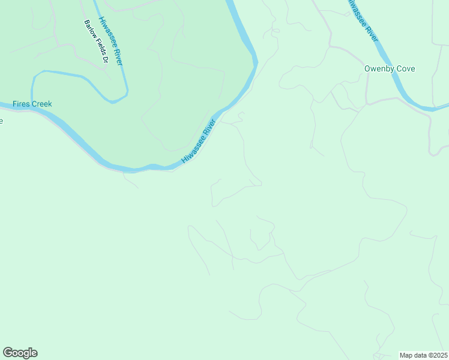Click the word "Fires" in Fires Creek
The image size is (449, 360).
22,104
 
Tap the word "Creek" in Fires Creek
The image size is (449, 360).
42,104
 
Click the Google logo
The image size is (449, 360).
20,353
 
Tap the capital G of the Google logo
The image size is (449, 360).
8,352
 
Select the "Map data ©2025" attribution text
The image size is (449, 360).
423,355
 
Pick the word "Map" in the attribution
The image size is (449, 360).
406,355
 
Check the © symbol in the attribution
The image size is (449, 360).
430,355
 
